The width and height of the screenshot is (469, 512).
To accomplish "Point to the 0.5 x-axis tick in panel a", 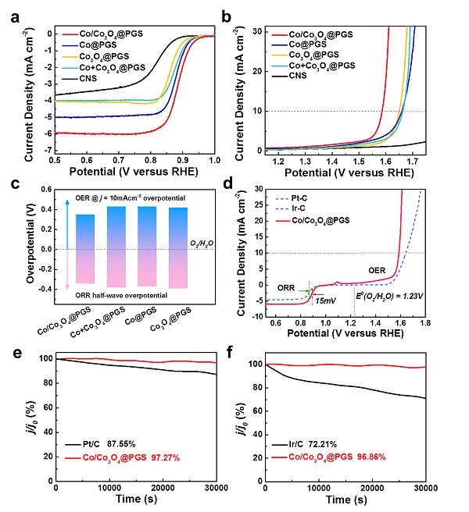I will pyautogui.click(x=55, y=160).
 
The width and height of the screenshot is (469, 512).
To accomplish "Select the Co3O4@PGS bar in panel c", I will pyautogui.click(x=177, y=247).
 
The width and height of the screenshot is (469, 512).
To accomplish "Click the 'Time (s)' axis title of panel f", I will pyautogui.click(x=345, y=500).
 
